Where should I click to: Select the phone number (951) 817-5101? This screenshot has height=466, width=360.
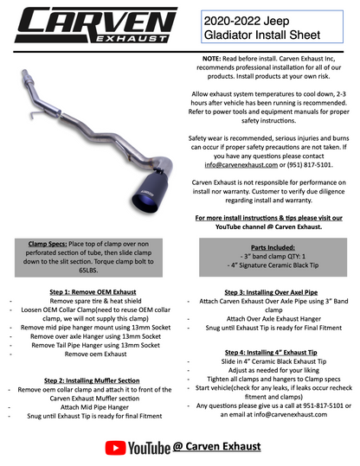coord(302,163)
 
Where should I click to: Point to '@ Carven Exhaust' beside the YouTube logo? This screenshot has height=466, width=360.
coord(214,446)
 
